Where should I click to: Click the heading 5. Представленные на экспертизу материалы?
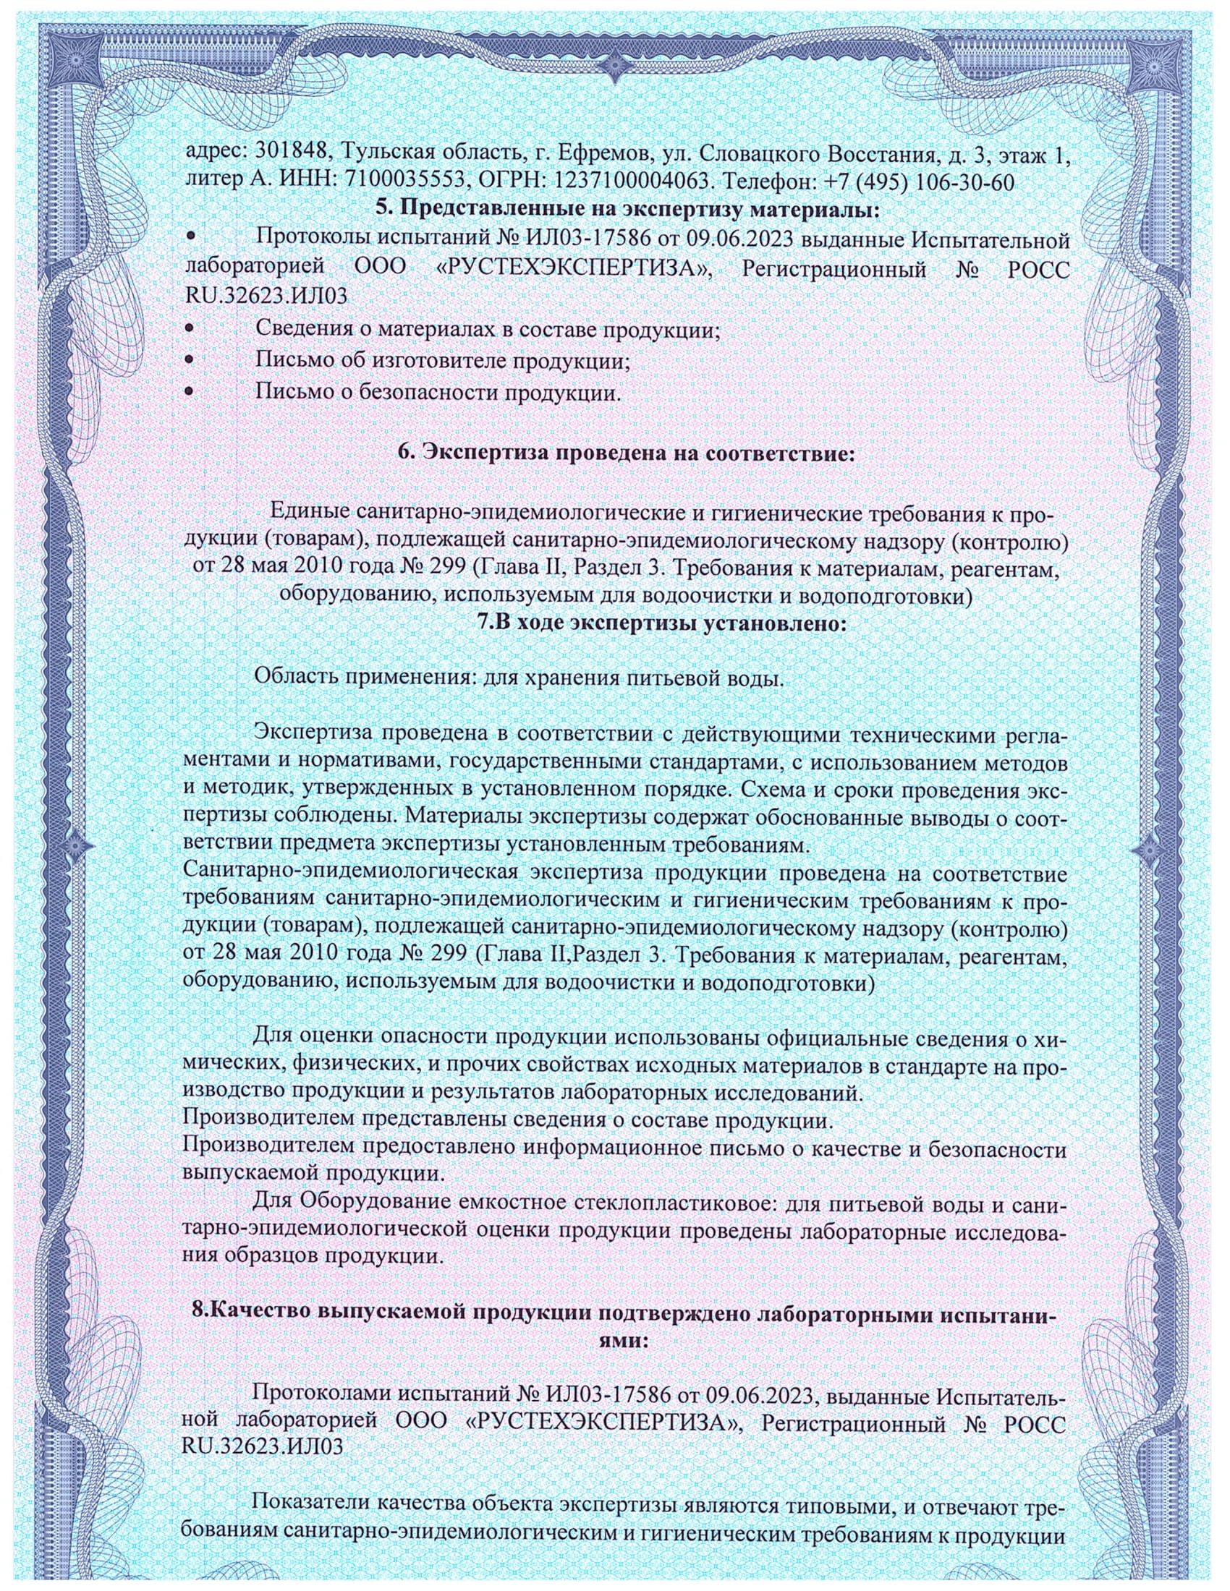(628, 210)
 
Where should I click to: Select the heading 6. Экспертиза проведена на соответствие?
(625, 453)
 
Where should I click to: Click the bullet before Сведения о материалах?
(190, 328)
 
